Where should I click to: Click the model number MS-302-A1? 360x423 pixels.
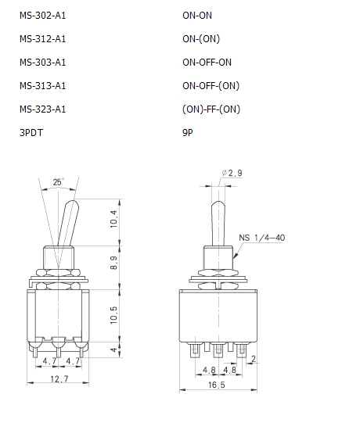point(43,16)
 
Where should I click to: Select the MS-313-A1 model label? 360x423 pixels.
point(43,86)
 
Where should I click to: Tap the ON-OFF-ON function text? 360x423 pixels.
point(207,63)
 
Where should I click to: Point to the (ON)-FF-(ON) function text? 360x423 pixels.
point(211,109)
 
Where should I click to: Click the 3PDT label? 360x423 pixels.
point(31,133)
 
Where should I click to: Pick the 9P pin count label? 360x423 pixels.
point(188,133)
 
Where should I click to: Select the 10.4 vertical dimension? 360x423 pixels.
point(114,219)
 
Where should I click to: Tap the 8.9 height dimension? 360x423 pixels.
point(114,263)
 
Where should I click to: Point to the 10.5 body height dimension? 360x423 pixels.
point(114,315)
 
